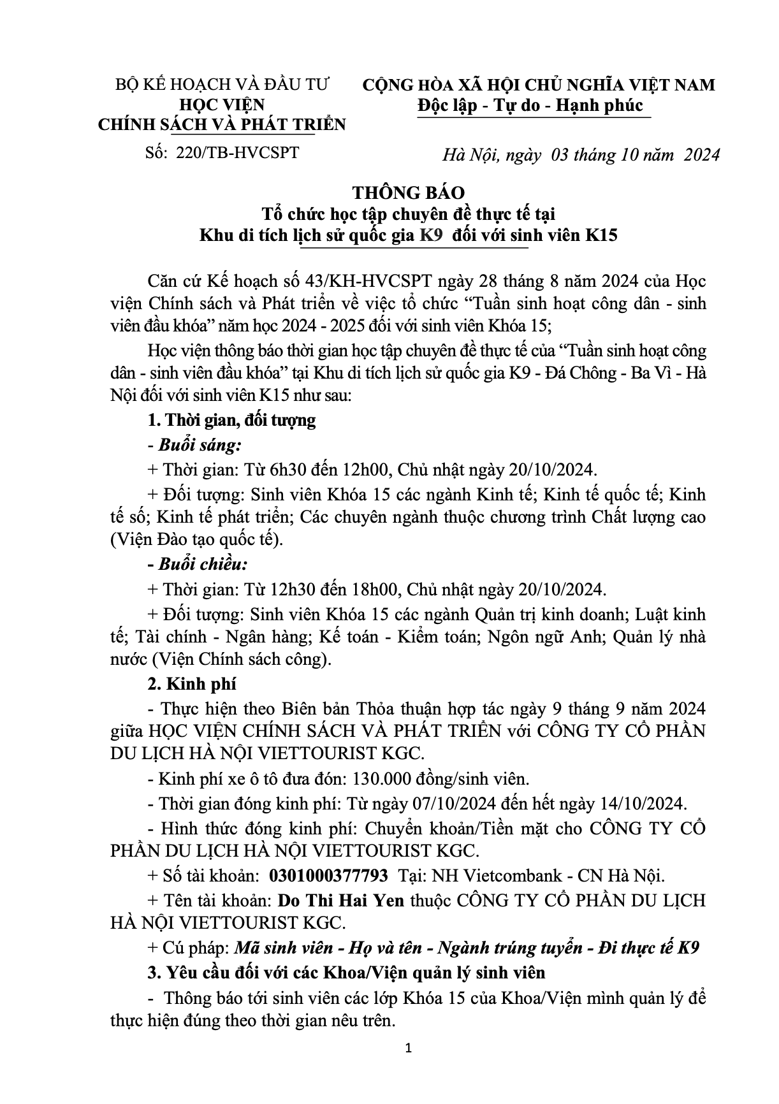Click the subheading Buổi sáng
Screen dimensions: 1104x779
click(x=200, y=445)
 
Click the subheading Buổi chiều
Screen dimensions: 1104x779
click(x=203, y=565)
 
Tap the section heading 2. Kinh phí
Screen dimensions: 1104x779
click(x=192, y=684)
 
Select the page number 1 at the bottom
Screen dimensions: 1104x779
click(x=409, y=1066)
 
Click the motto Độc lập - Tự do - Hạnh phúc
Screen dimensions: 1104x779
click(x=530, y=105)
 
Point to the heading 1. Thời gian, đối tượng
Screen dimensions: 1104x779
click(x=231, y=420)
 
